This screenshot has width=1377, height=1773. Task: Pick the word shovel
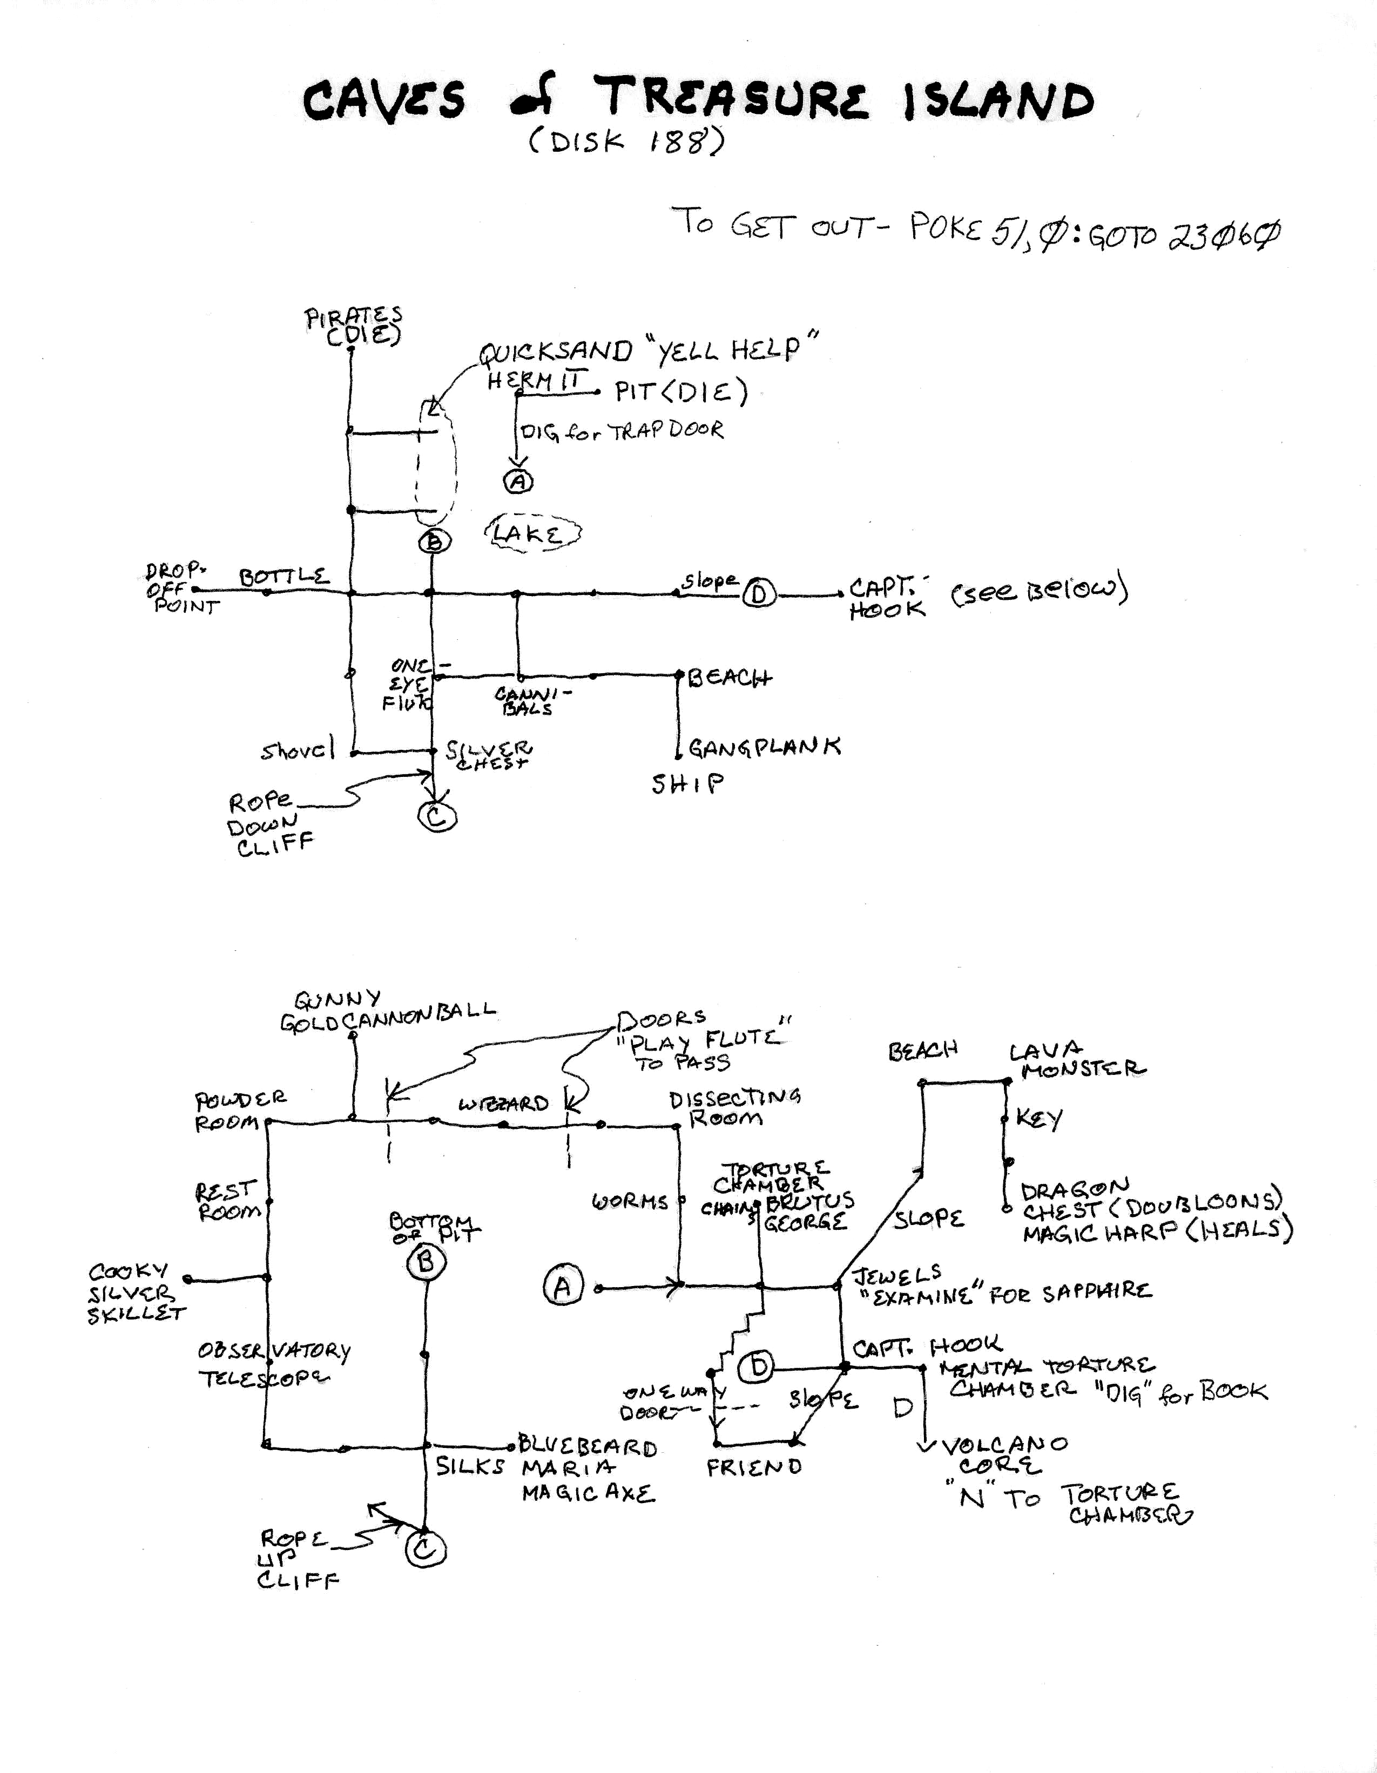(x=297, y=751)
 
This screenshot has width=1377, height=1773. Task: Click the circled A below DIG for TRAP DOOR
(x=519, y=482)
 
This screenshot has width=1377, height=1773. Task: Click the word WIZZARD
(x=503, y=1105)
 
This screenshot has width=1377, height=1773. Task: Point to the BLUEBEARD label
(x=587, y=1447)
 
